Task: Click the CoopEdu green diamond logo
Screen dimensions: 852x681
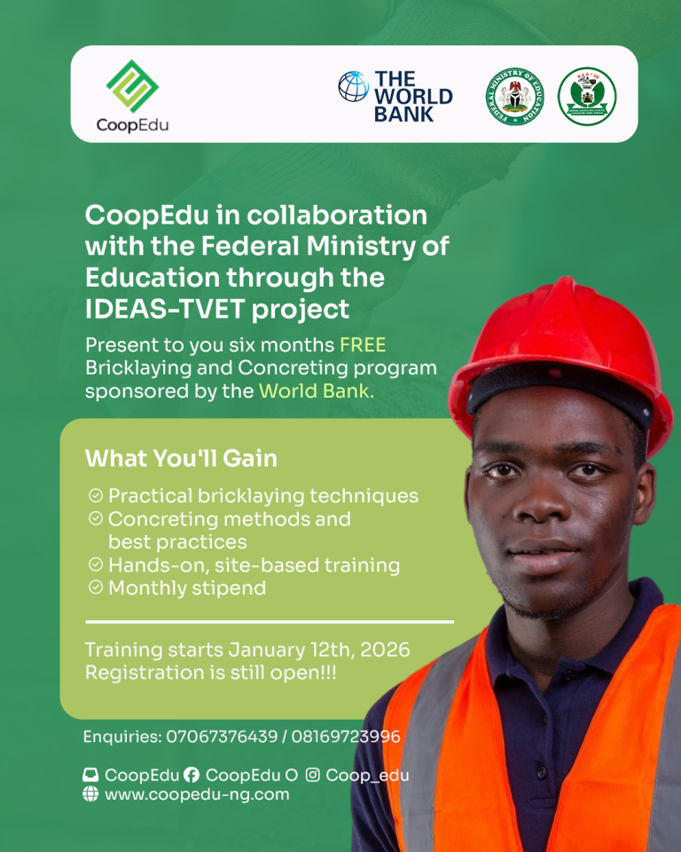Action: [x=132, y=86]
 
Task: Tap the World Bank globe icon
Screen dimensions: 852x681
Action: [x=353, y=87]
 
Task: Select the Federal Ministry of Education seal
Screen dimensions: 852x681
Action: [x=515, y=96]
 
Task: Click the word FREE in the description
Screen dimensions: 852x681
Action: [x=363, y=344]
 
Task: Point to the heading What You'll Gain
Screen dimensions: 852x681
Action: [x=181, y=458]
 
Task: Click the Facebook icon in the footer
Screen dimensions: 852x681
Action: [x=192, y=775]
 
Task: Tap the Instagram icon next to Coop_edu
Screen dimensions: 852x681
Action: [x=312, y=775]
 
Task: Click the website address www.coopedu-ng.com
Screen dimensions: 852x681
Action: [x=197, y=794]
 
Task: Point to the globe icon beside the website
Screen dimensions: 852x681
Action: [x=90, y=794]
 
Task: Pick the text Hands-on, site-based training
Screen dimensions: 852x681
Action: [x=254, y=564]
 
